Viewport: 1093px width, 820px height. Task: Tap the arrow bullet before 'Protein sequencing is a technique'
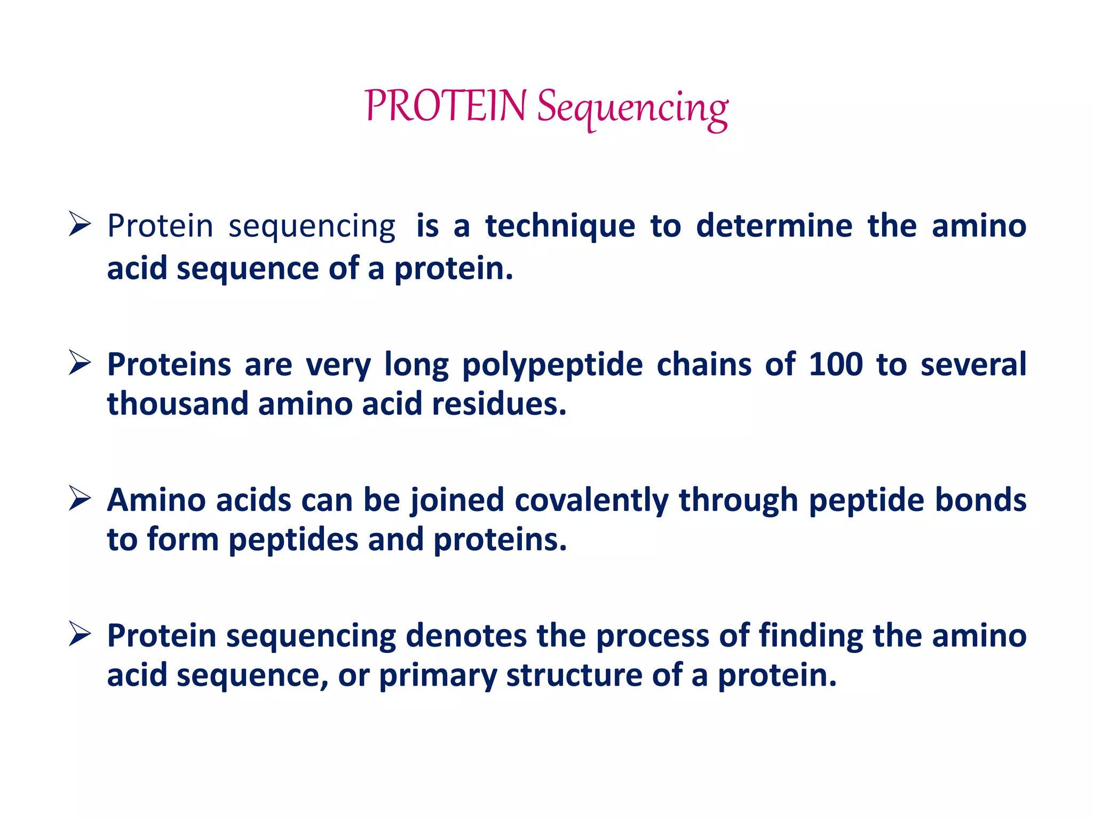[80, 224]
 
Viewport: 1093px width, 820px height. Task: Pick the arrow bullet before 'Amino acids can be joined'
[80, 499]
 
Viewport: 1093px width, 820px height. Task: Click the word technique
[560, 226]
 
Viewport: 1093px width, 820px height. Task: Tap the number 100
[835, 365]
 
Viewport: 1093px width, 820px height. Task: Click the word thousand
[177, 404]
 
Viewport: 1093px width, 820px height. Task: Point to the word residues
[498, 404]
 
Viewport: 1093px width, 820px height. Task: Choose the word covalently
[591, 501]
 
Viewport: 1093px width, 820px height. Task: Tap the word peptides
[293, 541]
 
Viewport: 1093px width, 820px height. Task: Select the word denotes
[466, 636]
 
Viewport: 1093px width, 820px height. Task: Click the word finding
[811, 636]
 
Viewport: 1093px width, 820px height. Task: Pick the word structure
[574, 675]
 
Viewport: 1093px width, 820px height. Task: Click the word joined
[457, 501]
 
